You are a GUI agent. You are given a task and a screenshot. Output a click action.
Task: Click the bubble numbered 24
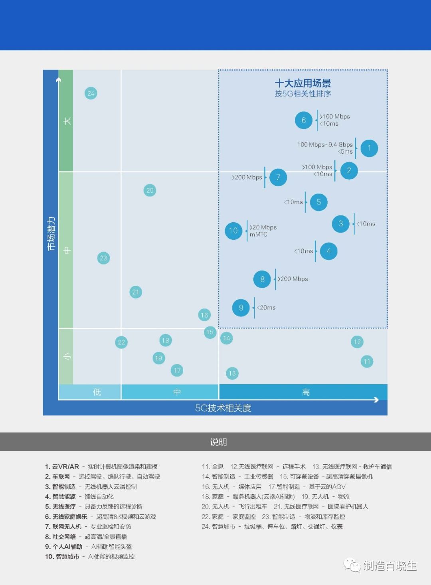tap(91, 93)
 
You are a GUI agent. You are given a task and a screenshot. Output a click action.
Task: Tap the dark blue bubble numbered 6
tap(304, 120)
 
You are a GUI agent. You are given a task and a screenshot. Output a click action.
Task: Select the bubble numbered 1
tap(369, 148)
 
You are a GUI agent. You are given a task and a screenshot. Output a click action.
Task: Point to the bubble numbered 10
tap(233, 231)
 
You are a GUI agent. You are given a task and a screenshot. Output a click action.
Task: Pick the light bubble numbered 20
tap(150, 190)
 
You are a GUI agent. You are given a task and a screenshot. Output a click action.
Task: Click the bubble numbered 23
tap(103, 258)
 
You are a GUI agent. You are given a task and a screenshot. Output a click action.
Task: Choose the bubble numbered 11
tap(367, 362)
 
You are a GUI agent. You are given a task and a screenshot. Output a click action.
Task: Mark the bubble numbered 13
tap(232, 374)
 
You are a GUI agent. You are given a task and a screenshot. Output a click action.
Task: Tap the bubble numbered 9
tap(241, 308)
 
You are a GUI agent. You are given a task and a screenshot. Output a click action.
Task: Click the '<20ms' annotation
tap(266, 308)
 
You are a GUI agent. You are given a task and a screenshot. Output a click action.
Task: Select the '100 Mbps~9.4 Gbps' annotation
tap(325, 145)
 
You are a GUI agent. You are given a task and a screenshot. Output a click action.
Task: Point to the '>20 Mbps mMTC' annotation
tap(263, 231)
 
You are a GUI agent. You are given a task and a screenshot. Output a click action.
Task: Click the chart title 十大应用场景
tap(303, 83)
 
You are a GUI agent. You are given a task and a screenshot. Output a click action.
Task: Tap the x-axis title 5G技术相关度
tap(223, 408)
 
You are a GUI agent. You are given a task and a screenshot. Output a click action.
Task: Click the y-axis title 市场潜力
tap(51, 234)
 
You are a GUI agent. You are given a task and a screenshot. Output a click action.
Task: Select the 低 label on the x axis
tap(97, 392)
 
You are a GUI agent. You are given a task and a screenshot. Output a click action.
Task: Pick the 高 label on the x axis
tap(306, 392)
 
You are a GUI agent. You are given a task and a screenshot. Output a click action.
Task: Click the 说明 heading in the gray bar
tap(218, 442)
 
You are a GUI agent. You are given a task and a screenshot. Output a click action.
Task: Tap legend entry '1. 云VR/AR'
tap(62, 466)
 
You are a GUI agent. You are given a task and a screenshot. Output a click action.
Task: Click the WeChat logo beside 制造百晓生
tap(352, 565)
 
